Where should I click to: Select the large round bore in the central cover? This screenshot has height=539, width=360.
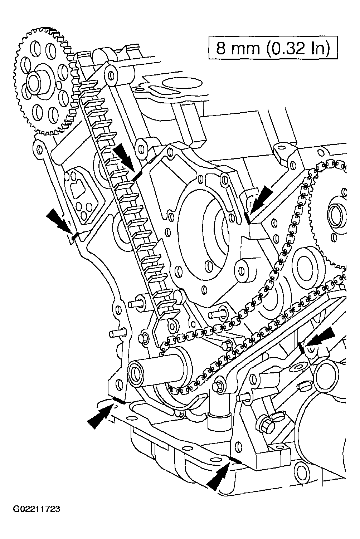tap(204, 229)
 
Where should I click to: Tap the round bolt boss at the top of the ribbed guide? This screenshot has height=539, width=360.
tap(111, 75)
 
